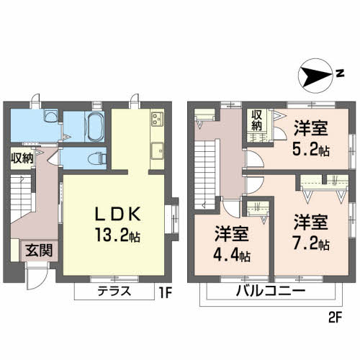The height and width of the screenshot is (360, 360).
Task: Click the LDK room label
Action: pyautogui.click(x=117, y=214)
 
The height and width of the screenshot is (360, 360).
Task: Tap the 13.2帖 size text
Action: pyautogui.click(x=117, y=235)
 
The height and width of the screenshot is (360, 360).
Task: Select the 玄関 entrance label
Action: pyautogui.click(x=39, y=251)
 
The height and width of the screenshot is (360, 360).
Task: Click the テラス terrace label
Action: pyautogui.click(x=114, y=291)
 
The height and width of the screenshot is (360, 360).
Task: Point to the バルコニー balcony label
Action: pyautogui.click(x=271, y=291)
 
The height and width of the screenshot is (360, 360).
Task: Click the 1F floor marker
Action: pyautogui.click(x=166, y=292)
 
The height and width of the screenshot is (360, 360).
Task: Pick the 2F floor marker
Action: pyautogui.click(x=335, y=318)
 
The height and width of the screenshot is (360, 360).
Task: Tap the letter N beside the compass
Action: pyautogui.click(x=340, y=73)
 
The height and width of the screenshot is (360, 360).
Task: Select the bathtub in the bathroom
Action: pyautogui.click(x=96, y=127)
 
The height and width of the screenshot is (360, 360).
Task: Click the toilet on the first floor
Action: pyautogui.click(x=97, y=158)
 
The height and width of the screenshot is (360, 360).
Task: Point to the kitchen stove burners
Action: pyautogui.click(x=158, y=119)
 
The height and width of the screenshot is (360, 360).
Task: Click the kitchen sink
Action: pyautogui.click(x=158, y=150)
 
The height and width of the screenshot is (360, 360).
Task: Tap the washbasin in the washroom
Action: pyautogui.click(x=51, y=117)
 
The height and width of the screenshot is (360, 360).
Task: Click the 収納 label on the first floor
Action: pyautogui.click(x=22, y=158)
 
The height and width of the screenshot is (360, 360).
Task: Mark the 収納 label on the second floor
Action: pyautogui.click(x=256, y=121)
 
